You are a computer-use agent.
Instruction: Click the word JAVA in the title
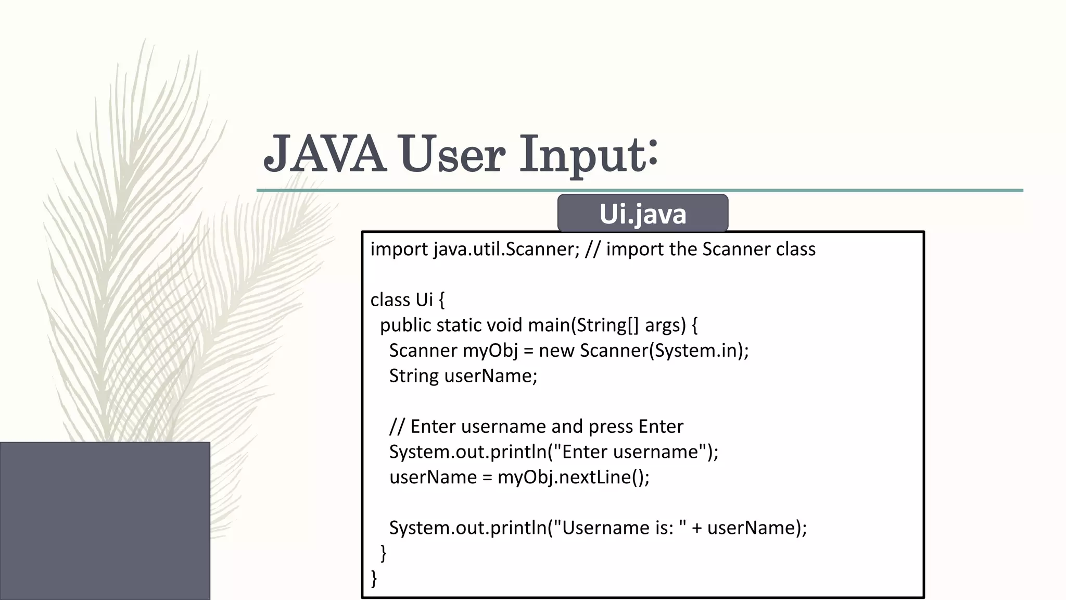pyautogui.click(x=325, y=154)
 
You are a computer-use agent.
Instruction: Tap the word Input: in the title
pyautogui.click(x=589, y=155)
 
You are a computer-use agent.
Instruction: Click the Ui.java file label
pyautogui.click(x=642, y=214)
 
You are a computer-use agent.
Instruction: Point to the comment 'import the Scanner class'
pyautogui.click(x=710, y=249)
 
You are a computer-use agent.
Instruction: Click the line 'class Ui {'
pyautogui.click(x=408, y=300)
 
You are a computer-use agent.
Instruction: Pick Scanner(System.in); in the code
pyautogui.click(x=664, y=351)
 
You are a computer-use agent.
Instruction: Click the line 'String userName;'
pyautogui.click(x=463, y=376)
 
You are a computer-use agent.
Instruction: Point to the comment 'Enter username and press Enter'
pyautogui.click(x=546, y=427)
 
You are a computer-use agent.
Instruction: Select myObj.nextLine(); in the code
pyautogui.click(x=573, y=477)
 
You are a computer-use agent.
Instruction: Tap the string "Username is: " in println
pyautogui.click(x=619, y=528)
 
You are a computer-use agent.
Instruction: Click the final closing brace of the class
pyautogui.click(x=374, y=578)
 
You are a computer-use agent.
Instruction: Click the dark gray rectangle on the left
pyautogui.click(x=105, y=520)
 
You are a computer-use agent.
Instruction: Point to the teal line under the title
pyautogui.click(x=640, y=191)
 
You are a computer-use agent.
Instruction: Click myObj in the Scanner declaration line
pyautogui.click(x=490, y=351)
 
